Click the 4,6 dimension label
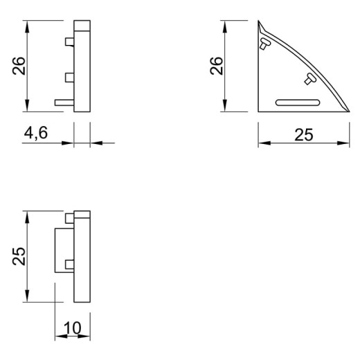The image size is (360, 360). coord(36,133)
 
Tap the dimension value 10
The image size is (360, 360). coord(73,327)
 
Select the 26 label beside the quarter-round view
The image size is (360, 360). coord(217,66)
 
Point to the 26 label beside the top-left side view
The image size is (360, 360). coord(19,66)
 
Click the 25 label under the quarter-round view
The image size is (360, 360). coord(304,135)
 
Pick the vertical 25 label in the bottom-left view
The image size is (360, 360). coord(19,256)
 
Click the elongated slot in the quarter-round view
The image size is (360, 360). coord(298,102)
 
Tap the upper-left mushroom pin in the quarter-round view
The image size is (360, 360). coord(264,44)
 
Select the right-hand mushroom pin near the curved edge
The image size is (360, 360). coord(310,79)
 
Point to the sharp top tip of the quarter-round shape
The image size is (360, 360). coord(258,21)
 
